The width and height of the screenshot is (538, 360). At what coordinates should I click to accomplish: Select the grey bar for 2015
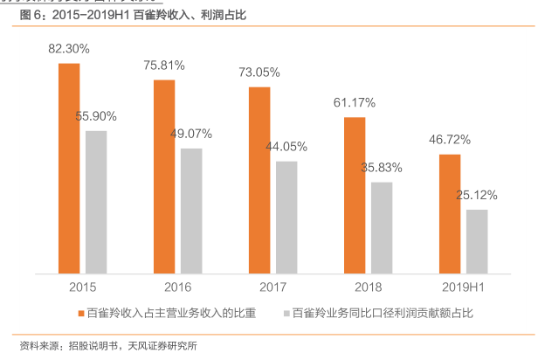pyautogui.click(x=96, y=202)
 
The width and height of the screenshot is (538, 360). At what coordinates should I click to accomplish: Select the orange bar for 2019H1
pyautogui.click(x=450, y=214)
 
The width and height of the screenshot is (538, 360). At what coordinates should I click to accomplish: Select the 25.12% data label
pyautogui.click(x=477, y=195)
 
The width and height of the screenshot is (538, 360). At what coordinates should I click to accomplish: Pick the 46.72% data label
pyautogui.click(x=450, y=140)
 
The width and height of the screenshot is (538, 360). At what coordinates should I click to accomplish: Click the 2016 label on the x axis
pyautogui.click(x=178, y=286)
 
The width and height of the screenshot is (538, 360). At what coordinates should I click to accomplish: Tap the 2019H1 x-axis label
pyautogui.click(x=463, y=286)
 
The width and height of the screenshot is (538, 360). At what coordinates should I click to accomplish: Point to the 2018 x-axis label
pyautogui.click(x=368, y=286)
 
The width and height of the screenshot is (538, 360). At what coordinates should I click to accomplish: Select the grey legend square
pyautogui.click(x=285, y=312)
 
